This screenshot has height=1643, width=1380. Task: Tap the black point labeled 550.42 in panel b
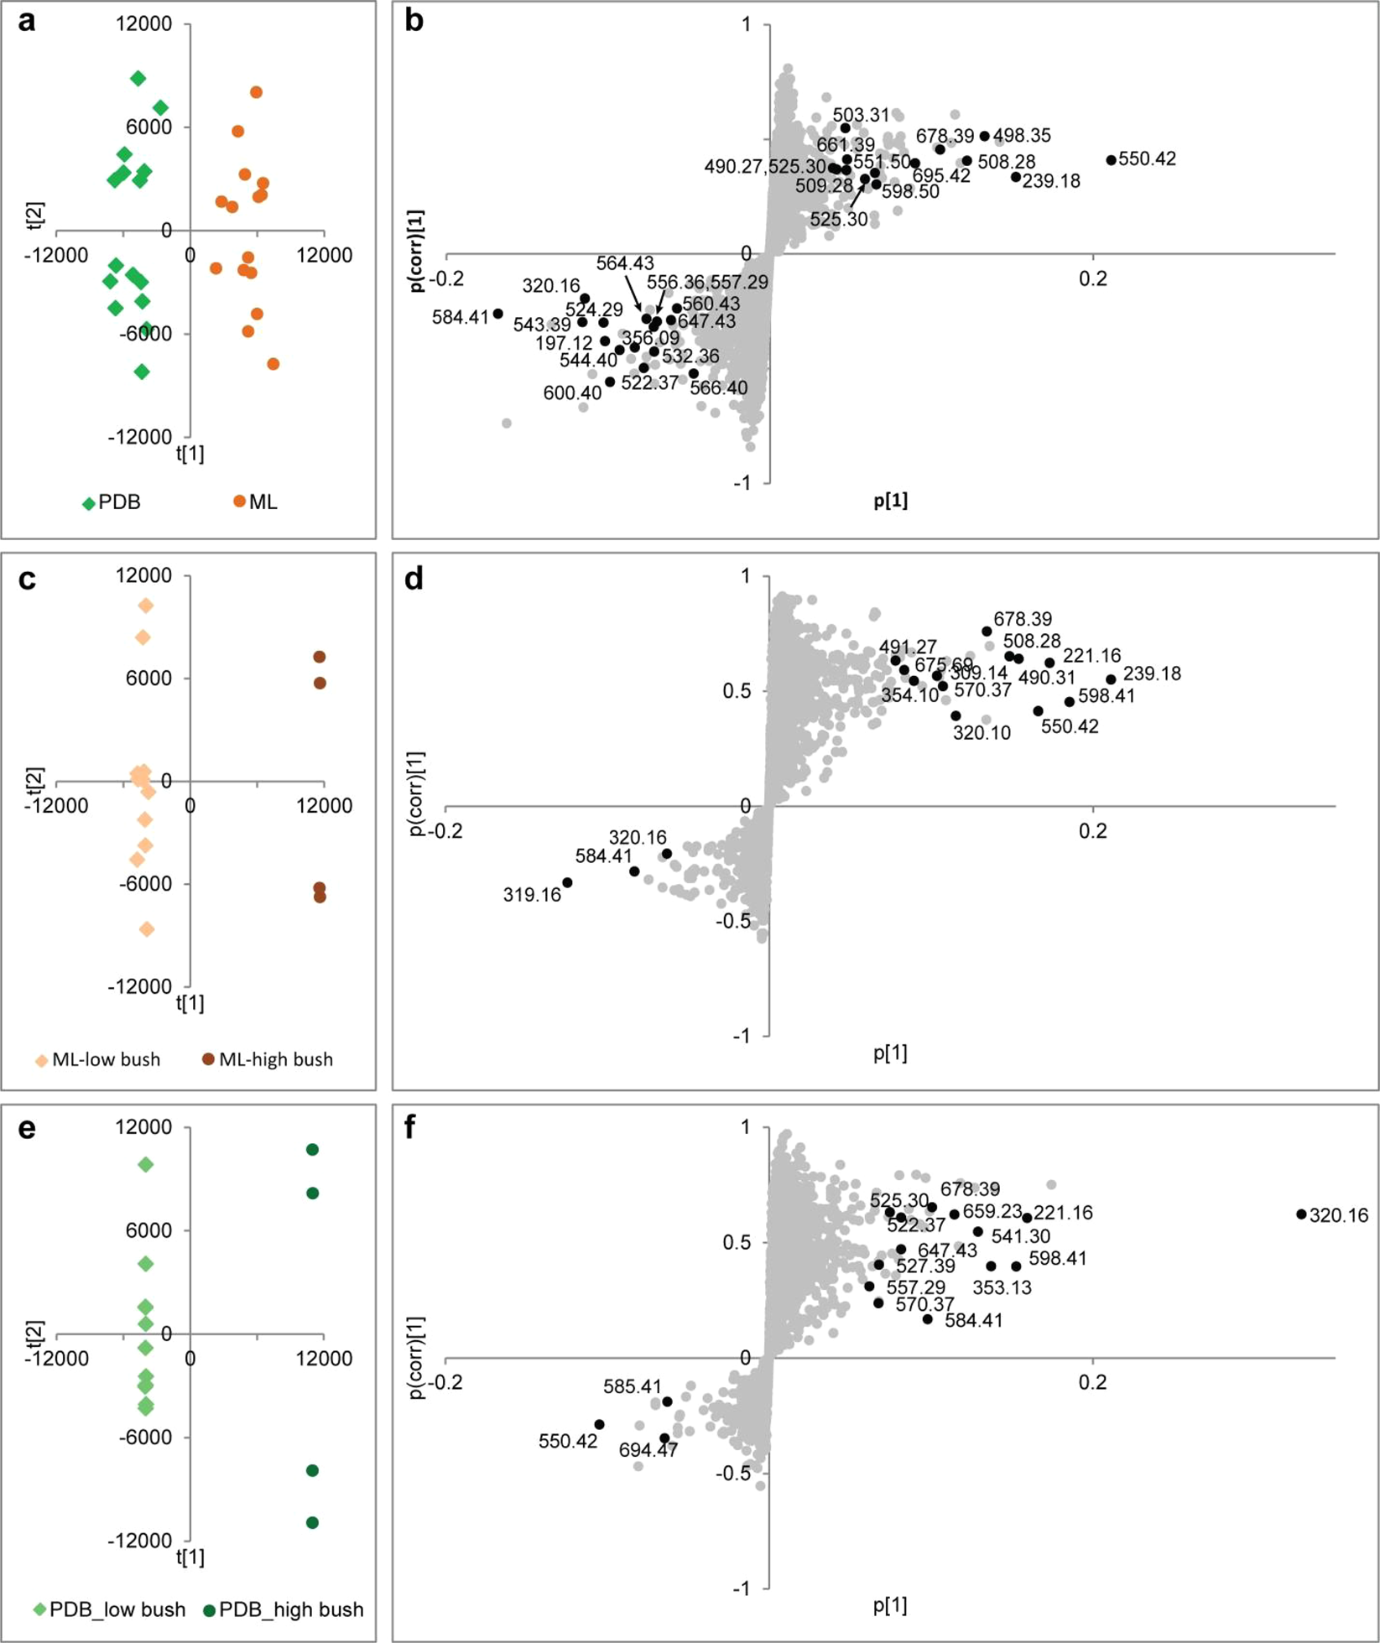[1112, 160]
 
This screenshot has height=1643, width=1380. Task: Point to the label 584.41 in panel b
[460, 317]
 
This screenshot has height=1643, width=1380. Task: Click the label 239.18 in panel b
[1051, 181]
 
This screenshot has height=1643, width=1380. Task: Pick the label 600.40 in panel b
[572, 393]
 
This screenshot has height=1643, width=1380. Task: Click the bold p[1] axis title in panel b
[890, 501]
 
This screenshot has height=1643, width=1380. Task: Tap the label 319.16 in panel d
[532, 895]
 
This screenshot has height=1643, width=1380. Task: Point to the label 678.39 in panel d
[1023, 619]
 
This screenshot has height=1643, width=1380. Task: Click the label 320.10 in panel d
[982, 732]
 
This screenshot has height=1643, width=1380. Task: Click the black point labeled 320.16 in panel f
[1301, 1214]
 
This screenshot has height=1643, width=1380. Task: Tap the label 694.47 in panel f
[648, 1450]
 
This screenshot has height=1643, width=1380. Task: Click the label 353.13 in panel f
[1002, 1287]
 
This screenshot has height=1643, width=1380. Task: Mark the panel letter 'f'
[410, 1128]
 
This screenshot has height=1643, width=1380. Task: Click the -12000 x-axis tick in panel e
[56, 1359]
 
